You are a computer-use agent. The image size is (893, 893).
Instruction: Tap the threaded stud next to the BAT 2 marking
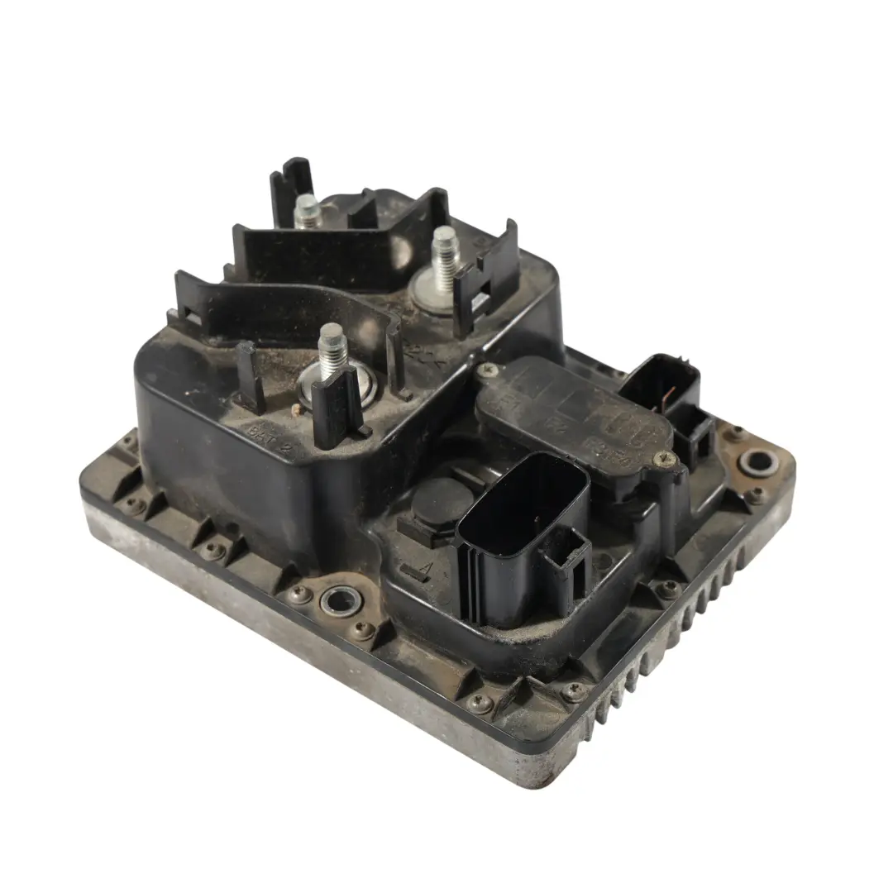coord(332,347)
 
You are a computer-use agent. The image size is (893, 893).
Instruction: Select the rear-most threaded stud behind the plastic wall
coord(307,211)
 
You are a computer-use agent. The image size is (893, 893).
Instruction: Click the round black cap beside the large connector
coord(438,501)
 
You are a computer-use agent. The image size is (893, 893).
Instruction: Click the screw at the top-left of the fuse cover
coord(489,369)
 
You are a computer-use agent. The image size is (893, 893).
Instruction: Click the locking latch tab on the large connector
coord(566,562)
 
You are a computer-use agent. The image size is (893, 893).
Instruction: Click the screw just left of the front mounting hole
coord(300,594)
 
